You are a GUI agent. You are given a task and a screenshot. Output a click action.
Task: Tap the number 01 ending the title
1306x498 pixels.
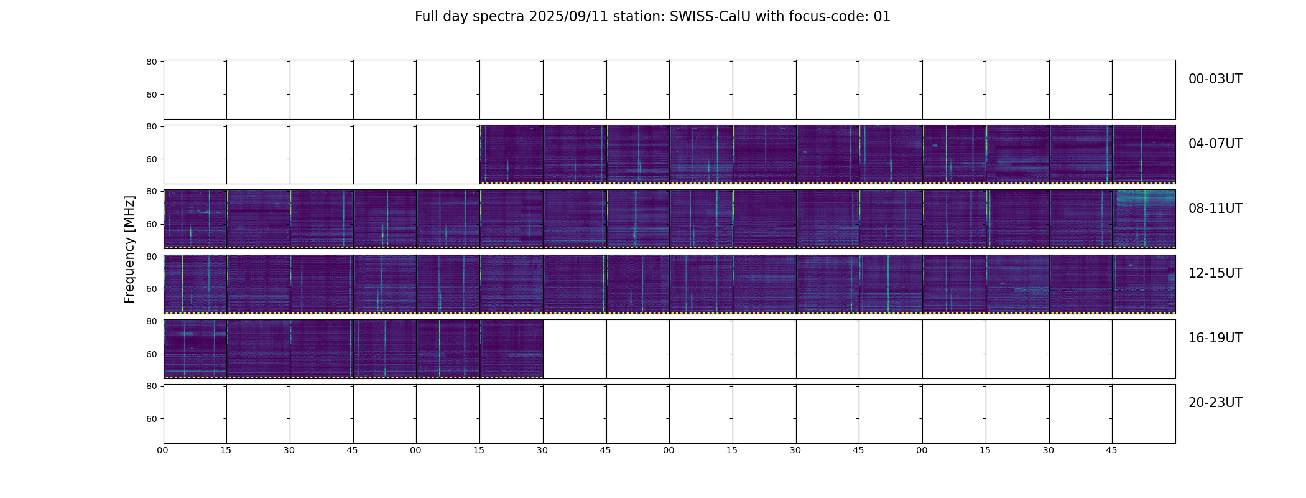click(x=882, y=17)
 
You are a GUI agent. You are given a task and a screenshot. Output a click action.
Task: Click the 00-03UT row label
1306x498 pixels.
click(x=1215, y=79)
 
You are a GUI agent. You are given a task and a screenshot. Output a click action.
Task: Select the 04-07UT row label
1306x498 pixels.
click(x=1215, y=144)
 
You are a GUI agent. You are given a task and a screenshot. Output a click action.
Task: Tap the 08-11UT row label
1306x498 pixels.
click(x=1215, y=209)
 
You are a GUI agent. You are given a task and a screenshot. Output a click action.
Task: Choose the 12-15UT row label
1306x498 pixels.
click(x=1215, y=273)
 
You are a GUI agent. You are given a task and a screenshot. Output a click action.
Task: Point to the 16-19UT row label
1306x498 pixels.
click(x=1215, y=338)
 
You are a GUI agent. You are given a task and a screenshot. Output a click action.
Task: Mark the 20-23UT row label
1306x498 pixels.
click(x=1215, y=403)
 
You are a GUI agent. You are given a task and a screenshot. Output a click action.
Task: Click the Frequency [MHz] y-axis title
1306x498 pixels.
click(x=129, y=249)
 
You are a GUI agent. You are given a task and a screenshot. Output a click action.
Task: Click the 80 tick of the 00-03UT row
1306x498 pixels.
click(x=151, y=62)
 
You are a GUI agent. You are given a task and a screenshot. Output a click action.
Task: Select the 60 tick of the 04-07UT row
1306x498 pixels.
click(x=151, y=159)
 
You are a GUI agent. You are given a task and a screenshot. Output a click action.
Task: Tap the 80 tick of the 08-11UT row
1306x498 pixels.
click(x=151, y=191)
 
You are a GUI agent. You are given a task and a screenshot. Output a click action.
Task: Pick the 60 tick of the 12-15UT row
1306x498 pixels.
click(x=151, y=289)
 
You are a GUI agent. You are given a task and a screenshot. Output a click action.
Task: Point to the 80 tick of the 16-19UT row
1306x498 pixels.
click(x=151, y=321)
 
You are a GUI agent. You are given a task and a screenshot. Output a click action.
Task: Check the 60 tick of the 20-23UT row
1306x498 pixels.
click(x=151, y=419)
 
